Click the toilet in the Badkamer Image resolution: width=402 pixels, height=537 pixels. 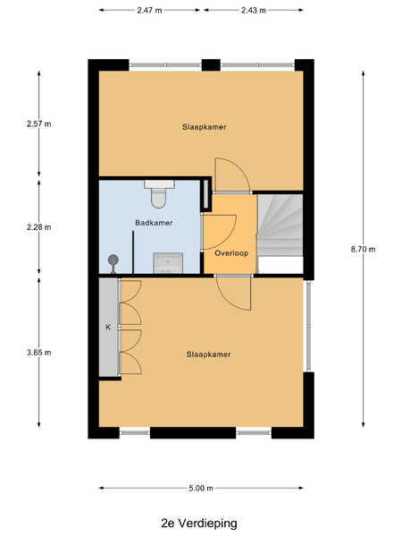[159, 193]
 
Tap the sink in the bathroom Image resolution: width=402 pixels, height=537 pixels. [168, 262]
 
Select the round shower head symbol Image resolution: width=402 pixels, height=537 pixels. [113, 260]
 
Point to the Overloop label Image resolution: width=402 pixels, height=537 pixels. [231, 253]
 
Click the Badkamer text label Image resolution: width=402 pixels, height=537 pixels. [154, 223]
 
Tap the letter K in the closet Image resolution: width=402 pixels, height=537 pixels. [108, 327]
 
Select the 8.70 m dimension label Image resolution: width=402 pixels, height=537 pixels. [363, 250]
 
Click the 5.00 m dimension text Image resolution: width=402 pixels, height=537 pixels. [201, 488]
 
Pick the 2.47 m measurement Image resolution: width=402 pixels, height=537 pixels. [149, 10]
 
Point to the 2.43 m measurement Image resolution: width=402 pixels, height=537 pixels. [254, 10]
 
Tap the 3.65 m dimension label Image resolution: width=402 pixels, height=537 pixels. [39, 353]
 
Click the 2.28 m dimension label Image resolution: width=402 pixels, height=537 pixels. [39, 227]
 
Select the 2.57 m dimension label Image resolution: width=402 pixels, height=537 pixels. [39, 124]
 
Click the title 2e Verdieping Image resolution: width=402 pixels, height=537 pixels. [199, 524]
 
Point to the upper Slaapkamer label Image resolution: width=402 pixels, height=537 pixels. [204, 127]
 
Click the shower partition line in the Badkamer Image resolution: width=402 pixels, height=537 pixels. [133, 252]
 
